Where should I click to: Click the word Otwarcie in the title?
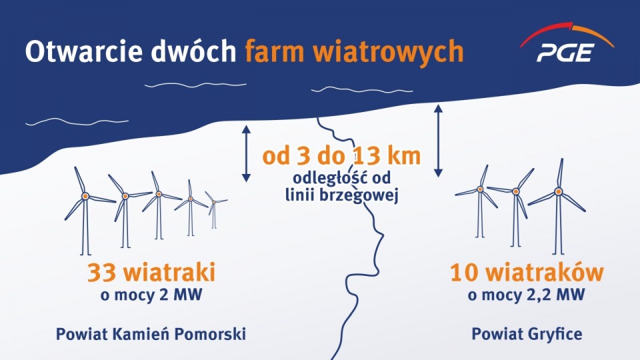click(x=81, y=51)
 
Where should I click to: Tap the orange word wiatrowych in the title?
click(x=391, y=51)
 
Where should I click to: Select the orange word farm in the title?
click(x=275, y=51)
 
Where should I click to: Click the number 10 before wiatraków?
click(x=465, y=273)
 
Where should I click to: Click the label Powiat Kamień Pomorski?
click(x=151, y=334)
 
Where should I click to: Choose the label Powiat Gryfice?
click(x=526, y=334)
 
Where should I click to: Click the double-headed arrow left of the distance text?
click(x=246, y=153)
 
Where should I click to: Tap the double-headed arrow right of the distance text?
click(x=438, y=140)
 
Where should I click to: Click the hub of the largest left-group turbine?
click(x=85, y=196)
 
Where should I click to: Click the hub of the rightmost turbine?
click(x=558, y=192)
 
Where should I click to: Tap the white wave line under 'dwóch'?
click(x=195, y=85)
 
